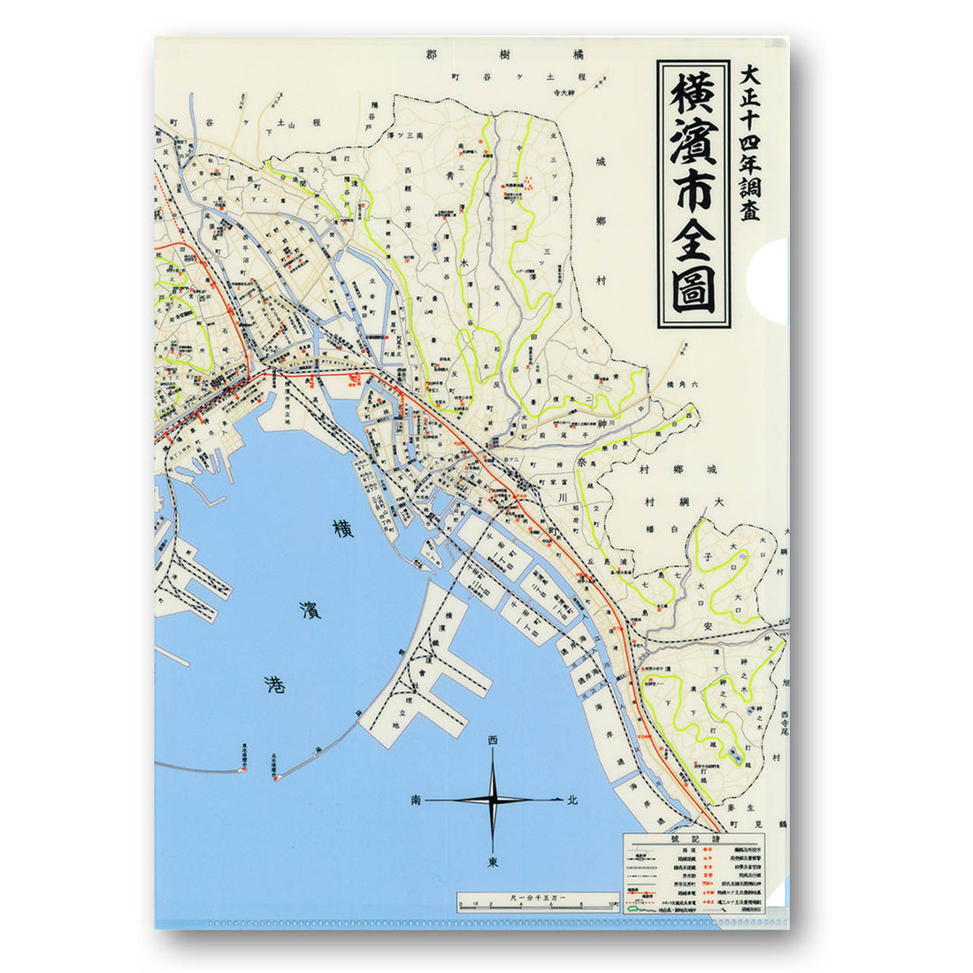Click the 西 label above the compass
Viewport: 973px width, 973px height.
click(x=493, y=739)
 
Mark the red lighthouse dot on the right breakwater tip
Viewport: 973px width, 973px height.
click(x=276, y=778)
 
